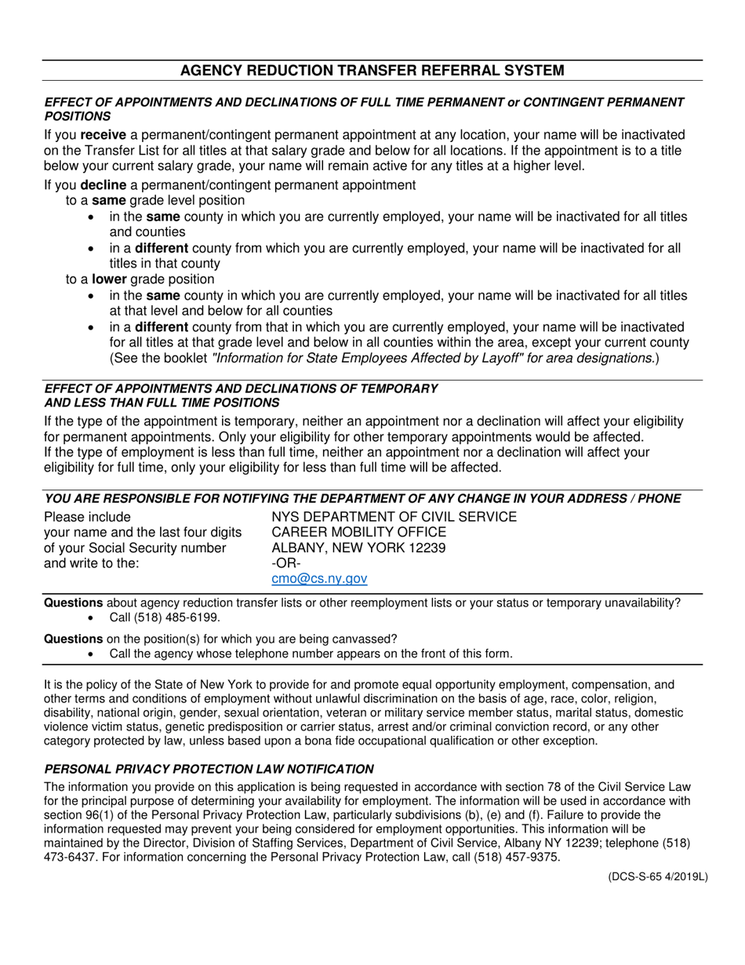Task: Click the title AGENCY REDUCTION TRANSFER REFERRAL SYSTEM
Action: click(x=372, y=71)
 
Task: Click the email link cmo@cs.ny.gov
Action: click(x=319, y=578)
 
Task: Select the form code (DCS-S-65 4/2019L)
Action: click(x=656, y=877)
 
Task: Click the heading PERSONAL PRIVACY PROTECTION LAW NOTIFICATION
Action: click(x=209, y=769)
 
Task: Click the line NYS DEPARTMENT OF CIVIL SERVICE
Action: click(x=394, y=517)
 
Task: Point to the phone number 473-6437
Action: click(x=68, y=858)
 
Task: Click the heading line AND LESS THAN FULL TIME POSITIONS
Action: click(x=162, y=402)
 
